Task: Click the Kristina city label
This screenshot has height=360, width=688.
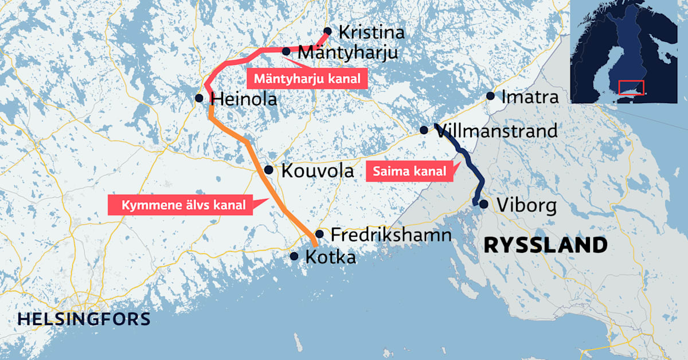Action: [x=372, y=32]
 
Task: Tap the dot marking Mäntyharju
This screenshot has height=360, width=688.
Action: [x=286, y=52]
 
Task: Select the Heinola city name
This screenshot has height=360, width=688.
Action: [x=244, y=99]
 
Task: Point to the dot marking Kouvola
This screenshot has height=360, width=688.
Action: [x=268, y=170]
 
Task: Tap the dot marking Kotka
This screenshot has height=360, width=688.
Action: [x=294, y=257]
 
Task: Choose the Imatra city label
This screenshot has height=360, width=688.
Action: [x=529, y=97]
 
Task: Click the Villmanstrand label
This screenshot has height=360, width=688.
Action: [x=497, y=131]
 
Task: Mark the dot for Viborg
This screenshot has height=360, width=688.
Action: [x=484, y=204]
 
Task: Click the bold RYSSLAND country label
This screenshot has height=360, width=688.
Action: [x=545, y=245]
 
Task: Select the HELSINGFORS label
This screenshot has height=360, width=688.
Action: [x=84, y=319]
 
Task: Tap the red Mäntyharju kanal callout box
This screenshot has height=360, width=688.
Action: [x=307, y=79]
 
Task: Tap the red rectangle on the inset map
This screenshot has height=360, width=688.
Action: [x=631, y=88]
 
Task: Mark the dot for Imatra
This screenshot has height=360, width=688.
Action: [x=490, y=96]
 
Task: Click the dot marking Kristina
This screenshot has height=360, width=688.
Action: [x=327, y=31]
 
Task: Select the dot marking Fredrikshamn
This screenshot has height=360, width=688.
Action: [x=319, y=234]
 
